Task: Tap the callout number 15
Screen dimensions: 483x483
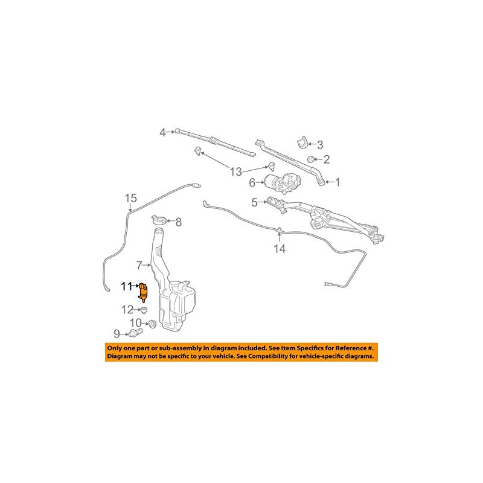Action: [x=131, y=198]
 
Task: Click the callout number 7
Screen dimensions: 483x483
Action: [x=139, y=264]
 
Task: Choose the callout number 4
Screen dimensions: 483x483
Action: [x=162, y=132]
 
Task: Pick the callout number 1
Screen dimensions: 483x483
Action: [x=337, y=181]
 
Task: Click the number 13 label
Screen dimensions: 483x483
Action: [x=237, y=171]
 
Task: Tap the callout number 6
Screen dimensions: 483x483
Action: [x=253, y=182]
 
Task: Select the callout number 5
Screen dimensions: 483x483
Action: [x=255, y=202]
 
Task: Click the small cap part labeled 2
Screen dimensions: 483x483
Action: [x=310, y=159]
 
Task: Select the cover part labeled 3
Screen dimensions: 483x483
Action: [x=302, y=142]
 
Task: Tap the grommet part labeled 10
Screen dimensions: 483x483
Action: [x=152, y=325]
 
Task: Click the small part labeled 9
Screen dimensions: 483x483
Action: [x=133, y=333]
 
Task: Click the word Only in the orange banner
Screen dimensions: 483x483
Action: [x=117, y=348]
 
